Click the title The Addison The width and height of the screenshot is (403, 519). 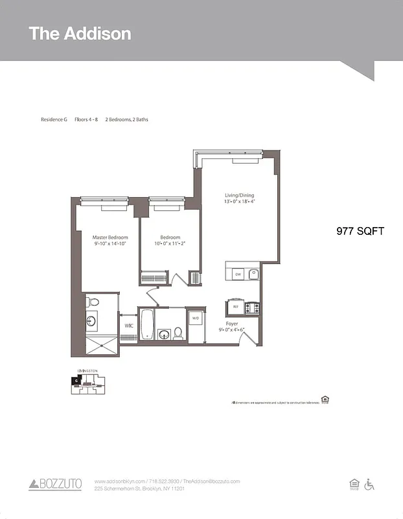point(80,34)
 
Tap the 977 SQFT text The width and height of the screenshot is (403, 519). point(360,230)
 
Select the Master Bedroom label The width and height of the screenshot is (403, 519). point(109,241)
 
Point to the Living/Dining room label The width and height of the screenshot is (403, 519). point(239,198)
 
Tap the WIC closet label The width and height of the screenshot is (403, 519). point(128,325)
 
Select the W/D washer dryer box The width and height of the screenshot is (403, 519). point(195,319)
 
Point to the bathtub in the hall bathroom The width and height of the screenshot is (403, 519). point(148,324)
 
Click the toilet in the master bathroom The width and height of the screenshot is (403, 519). point(93,302)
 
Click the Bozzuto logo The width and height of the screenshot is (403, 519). point(55,484)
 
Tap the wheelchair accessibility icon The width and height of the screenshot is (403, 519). point(370,484)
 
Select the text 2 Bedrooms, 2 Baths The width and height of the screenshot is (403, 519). point(126,120)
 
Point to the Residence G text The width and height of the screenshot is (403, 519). point(54,120)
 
